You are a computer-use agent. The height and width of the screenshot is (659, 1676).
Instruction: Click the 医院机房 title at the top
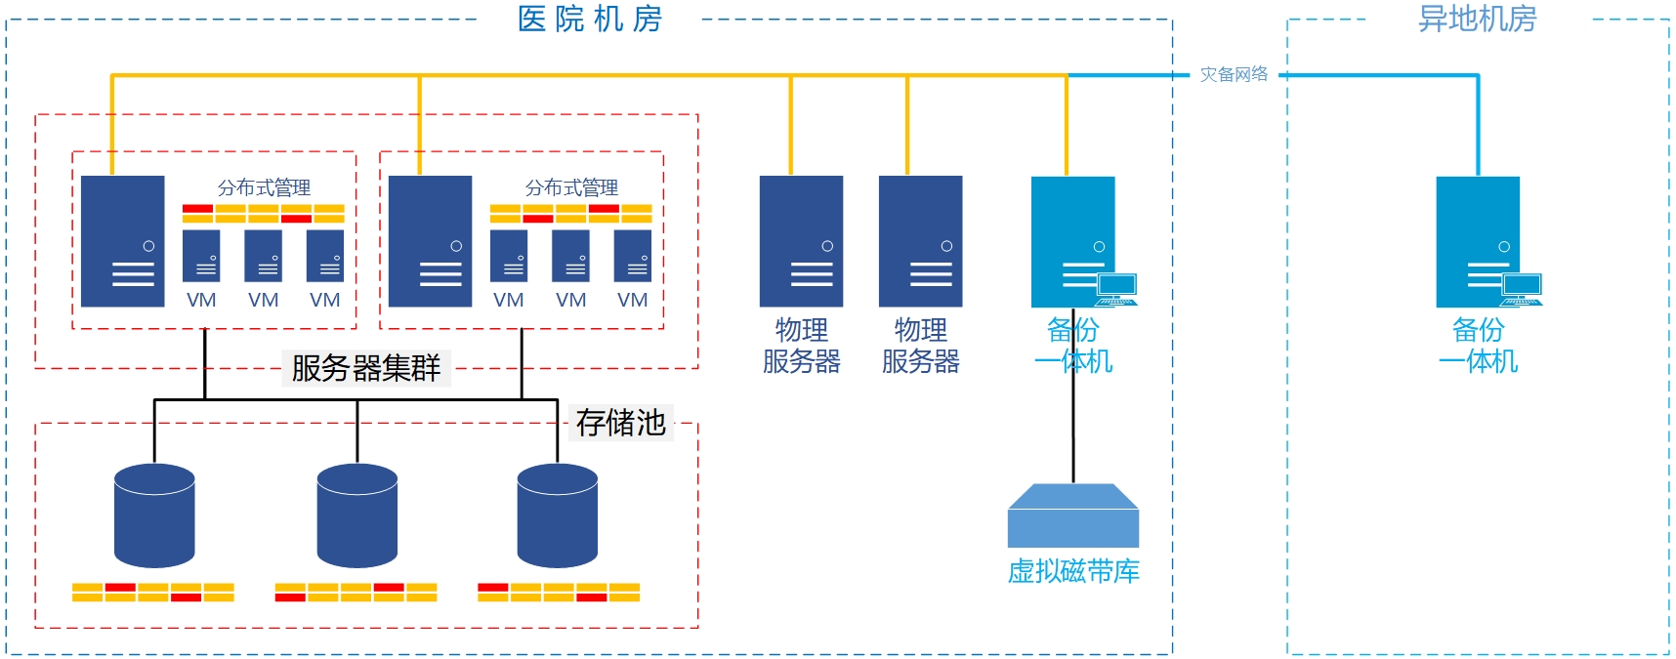click(590, 19)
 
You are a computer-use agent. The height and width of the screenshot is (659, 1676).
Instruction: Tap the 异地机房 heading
click(1477, 19)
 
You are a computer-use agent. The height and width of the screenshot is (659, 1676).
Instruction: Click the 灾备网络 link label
click(1234, 74)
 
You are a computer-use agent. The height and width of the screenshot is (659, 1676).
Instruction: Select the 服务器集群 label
click(366, 368)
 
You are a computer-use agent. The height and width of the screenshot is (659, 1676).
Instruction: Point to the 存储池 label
click(620, 423)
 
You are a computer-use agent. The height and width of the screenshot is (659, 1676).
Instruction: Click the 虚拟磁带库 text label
click(1073, 571)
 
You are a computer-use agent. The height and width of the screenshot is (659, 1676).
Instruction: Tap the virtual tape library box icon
click(1073, 516)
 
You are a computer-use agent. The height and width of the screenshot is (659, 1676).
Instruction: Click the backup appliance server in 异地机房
click(1477, 241)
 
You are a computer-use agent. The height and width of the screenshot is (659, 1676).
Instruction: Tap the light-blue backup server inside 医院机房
click(1072, 241)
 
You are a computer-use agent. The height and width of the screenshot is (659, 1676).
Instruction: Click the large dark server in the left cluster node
click(123, 241)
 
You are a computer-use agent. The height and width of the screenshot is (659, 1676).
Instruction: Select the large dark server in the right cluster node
click(430, 241)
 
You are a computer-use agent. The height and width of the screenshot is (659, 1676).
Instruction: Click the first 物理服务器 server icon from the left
click(801, 241)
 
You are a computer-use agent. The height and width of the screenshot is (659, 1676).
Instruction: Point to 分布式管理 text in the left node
click(264, 187)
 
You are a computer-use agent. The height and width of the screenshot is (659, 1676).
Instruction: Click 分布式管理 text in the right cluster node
click(571, 187)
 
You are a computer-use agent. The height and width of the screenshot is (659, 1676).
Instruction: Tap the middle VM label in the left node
click(263, 300)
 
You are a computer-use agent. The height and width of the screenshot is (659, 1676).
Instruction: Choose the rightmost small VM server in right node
click(633, 256)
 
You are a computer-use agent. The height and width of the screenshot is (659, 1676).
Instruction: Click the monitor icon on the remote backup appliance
click(1522, 287)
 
